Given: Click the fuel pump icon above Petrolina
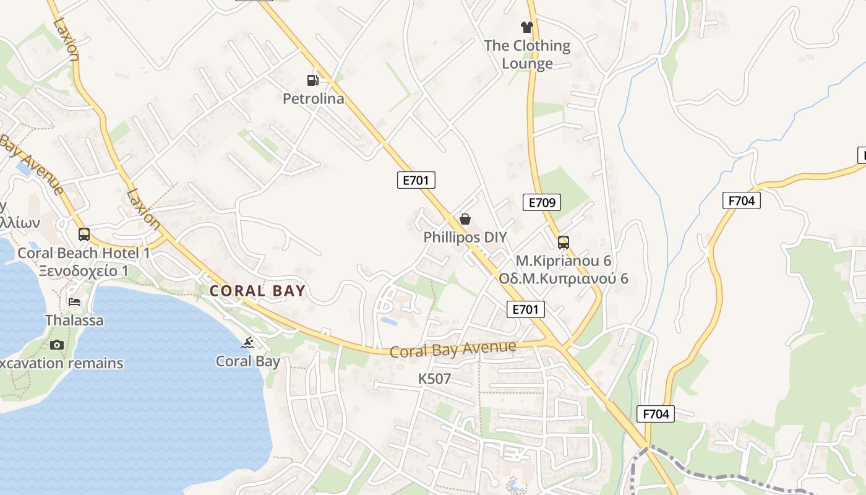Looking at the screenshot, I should tap(313, 80).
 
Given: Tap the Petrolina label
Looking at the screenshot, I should tap(313, 98).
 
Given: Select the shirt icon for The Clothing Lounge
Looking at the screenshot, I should tap(526, 27).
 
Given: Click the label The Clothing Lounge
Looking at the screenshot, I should tap(527, 54).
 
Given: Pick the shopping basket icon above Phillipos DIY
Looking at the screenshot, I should tap(465, 219).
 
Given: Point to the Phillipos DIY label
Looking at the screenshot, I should tap(465, 237).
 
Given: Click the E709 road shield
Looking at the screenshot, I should tap(542, 202).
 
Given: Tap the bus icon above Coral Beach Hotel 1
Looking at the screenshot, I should tap(84, 235).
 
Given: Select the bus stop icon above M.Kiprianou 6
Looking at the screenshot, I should tap(563, 242).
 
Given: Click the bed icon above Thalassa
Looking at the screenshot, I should tap(74, 302).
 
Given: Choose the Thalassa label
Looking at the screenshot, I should tap(74, 321).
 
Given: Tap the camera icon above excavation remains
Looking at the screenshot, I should tap(57, 345).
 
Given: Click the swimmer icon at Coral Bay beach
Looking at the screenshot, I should tap(248, 343).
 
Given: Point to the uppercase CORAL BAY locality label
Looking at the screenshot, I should tap(257, 291).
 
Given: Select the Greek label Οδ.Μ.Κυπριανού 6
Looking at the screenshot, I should tap(564, 278).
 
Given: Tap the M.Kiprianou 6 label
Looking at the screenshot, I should tap(564, 260).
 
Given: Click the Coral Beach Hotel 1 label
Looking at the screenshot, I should tap(84, 252).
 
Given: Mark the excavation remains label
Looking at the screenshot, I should tap(62, 363).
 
